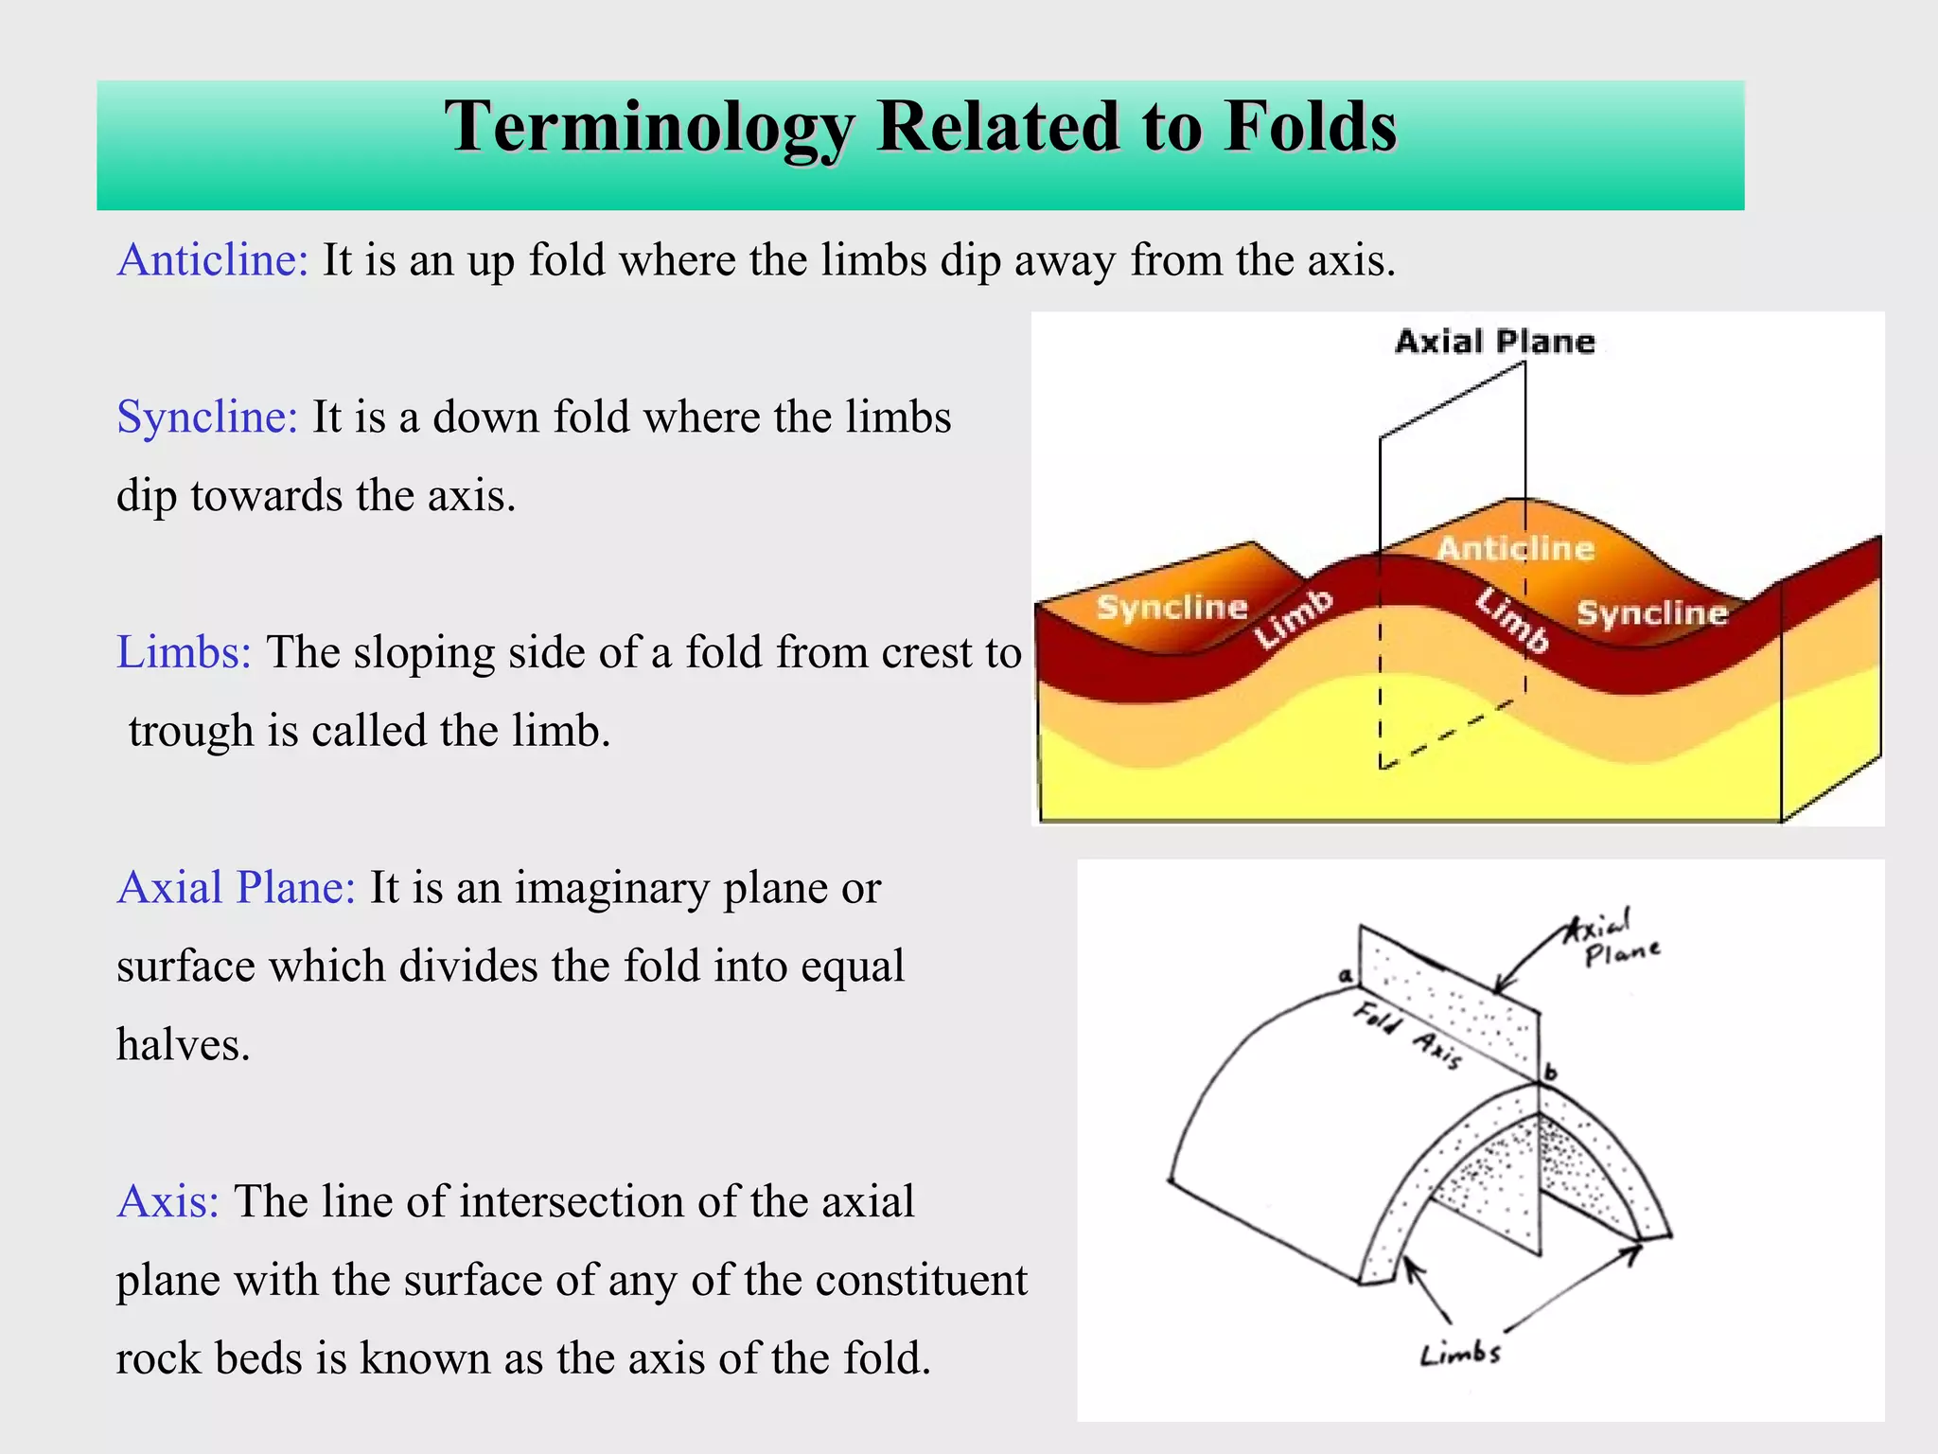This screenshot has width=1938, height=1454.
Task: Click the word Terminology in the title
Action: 649,128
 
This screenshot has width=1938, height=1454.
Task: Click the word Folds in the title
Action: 1310,128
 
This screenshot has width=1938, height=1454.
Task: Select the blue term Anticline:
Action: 213,260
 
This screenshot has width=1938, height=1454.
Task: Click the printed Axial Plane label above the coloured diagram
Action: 1494,342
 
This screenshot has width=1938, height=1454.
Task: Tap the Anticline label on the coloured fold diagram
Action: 1515,549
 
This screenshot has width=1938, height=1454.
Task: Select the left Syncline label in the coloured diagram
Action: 1172,607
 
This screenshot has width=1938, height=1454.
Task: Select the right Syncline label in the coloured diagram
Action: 1651,613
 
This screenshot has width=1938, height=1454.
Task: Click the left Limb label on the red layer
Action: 1294,618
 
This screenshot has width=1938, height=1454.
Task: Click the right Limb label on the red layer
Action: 1512,620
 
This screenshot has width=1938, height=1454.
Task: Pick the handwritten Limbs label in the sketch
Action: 1460,1355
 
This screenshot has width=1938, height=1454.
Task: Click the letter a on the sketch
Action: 1345,975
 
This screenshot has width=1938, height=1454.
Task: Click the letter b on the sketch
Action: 1550,1073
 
